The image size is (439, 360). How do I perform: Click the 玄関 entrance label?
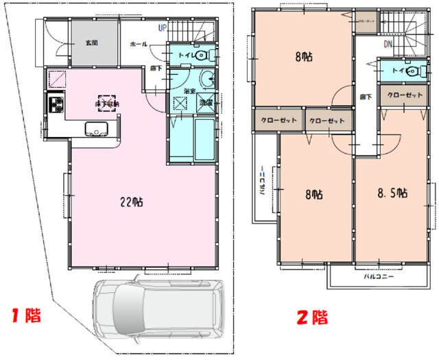tap(91, 43)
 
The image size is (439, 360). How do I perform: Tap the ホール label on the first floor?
tap(138, 43)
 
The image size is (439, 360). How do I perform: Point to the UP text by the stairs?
tap(163, 28)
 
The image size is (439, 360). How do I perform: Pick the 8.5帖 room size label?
tap(393, 194)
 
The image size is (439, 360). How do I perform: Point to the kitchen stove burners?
tap(54, 106)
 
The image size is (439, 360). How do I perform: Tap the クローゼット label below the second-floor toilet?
tap(404, 95)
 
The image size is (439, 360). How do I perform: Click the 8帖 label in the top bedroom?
tap(302, 57)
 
